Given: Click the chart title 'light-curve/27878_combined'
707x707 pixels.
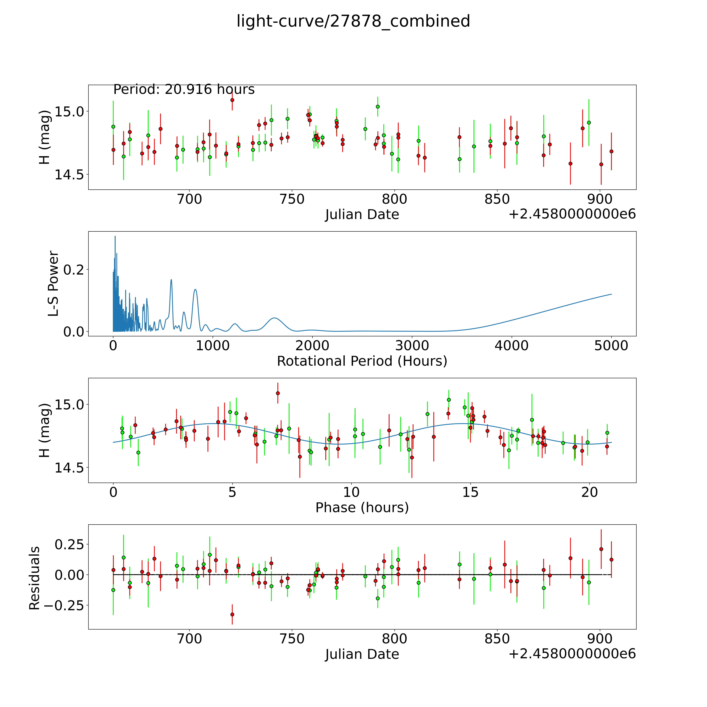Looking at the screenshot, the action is point(353,21).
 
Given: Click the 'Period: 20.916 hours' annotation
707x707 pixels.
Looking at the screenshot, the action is point(184,89).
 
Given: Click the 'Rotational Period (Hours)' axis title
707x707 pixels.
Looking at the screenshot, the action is point(362,361).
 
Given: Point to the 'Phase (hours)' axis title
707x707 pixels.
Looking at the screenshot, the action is point(362,508).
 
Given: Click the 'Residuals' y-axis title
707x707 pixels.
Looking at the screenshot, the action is point(34,578).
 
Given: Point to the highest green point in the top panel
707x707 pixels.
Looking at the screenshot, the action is point(378,106).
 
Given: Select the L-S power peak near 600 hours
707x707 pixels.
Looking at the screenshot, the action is point(171,280).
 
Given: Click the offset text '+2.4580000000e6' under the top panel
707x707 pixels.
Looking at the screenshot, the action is point(572,214).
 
